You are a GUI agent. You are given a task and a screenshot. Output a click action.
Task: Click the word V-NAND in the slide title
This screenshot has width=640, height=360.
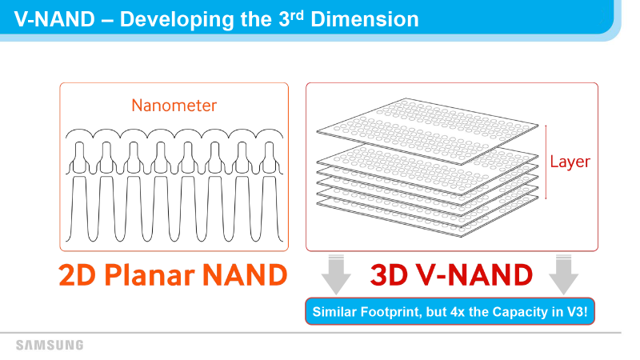point(54,19)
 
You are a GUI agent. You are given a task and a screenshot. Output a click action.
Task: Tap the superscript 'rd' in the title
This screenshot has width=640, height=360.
point(297,15)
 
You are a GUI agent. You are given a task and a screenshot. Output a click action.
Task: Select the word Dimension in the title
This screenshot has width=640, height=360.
point(365,19)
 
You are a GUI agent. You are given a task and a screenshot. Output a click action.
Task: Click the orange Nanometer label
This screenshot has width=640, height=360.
point(174,106)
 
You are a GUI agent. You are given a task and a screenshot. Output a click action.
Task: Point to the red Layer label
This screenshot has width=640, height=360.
point(570,162)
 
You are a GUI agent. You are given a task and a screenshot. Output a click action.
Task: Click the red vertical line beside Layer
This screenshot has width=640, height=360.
point(546,162)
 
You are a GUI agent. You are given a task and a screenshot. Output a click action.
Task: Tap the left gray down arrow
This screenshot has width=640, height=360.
point(336,274)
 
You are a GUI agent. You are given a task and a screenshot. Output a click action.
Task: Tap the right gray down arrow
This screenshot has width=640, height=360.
point(564,274)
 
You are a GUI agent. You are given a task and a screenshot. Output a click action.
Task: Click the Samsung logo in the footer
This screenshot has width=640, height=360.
point(50,346)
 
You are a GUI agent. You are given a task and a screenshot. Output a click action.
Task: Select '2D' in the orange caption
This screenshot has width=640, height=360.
point(77,274)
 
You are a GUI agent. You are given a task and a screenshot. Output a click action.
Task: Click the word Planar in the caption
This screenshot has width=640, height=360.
point(150,274)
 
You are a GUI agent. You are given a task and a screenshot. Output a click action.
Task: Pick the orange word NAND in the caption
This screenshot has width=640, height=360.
point(245,274)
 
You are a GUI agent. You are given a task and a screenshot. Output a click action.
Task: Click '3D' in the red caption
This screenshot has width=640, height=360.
point(389,274)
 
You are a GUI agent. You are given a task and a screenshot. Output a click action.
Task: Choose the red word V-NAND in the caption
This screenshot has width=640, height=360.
point(474,274)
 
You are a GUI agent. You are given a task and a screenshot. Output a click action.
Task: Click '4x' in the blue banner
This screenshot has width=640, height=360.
point(458,312)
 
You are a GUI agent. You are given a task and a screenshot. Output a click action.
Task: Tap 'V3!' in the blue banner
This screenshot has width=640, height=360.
point(577,312)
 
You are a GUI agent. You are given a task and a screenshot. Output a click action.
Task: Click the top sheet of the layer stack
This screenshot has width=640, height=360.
point(427,131)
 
